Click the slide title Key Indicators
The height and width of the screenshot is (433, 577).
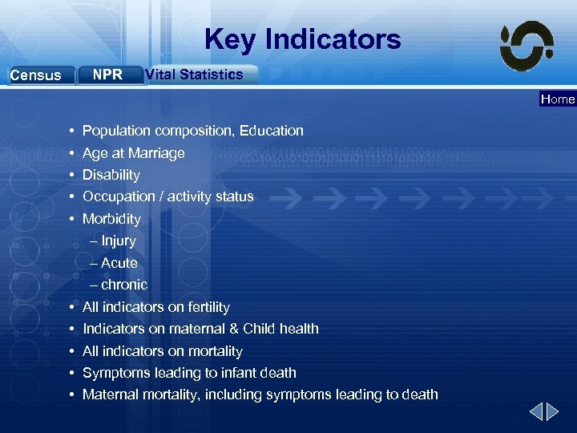pyautogui.click(x=302, y=38)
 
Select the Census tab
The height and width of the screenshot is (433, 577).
pyautogui.click(x=35, y=75)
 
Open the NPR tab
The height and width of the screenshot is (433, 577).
pyautogui.click(x=107, y=75)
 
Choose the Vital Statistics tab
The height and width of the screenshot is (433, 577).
pyautogui.click(x=194, y=75)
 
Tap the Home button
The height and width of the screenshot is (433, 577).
pyautogui.click(x=557, y=99)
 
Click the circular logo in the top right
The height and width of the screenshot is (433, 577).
pyautogui.click(x=527, y=46)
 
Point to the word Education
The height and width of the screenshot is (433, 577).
pyautogui.click(x=272, y=131)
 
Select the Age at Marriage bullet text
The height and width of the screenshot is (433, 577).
pyautogui.click(x=133, y=153)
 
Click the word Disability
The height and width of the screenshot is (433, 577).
pyautogui.click(x=111, y=175)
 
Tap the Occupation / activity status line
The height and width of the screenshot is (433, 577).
pyautogui.click(x=167, y=196)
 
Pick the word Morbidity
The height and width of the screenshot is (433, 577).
pyautogui.click(x=111, y=219)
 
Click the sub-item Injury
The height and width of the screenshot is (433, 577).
pyautogui.click(x=118, y=241)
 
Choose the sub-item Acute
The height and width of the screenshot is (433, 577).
pyautogui.click(x=119, y=263)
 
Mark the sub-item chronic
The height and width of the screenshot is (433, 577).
pyautogui.click(x=123, y=285)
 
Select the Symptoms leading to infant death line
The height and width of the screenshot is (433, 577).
pyautogui.click(x=189, y=373)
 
